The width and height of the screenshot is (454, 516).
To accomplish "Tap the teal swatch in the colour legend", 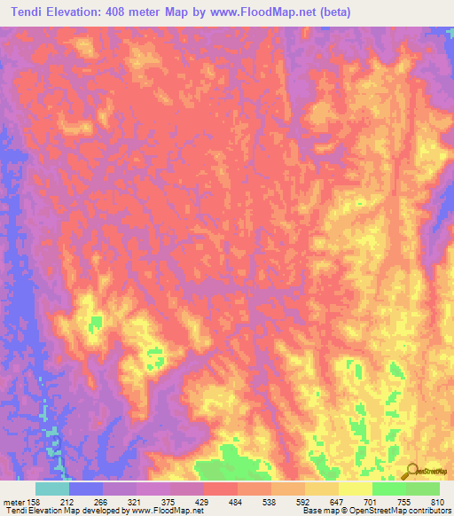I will click(x=52, y=489).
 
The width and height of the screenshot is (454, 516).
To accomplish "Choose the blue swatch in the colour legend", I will click(x=86, y=489).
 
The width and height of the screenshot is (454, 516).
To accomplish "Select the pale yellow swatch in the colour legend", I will click(x=355, y=489).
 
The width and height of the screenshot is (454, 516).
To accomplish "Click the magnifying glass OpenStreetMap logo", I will click(x=413, y=473).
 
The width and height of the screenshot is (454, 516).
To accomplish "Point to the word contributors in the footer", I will click(x=431, y=511).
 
